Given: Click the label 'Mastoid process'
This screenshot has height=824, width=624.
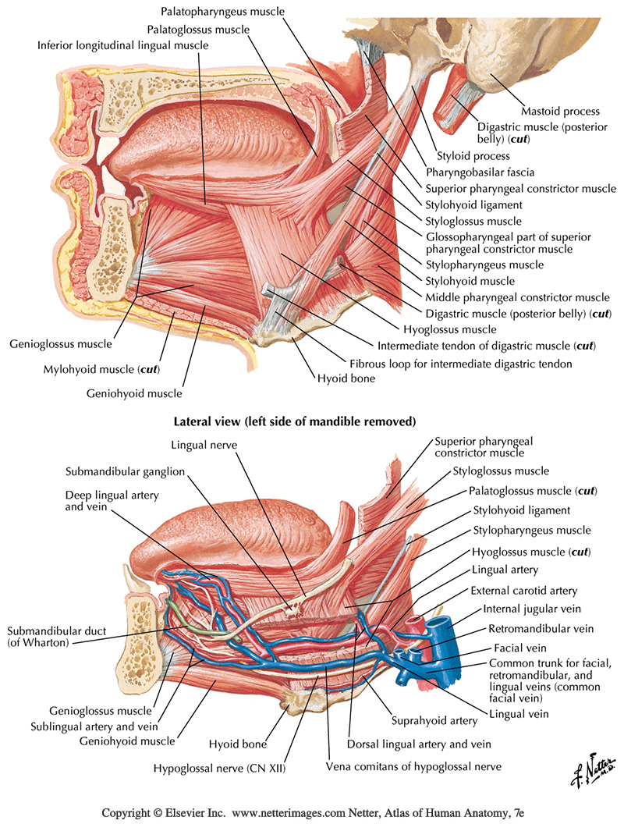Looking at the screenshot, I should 559,112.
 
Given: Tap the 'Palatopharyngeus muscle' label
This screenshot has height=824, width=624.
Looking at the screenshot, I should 222,12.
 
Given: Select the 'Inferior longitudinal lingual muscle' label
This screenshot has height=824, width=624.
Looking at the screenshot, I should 123,45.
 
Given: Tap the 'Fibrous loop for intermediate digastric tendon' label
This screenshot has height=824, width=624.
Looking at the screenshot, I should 460,364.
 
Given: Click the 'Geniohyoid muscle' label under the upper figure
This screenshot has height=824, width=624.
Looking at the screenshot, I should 134,393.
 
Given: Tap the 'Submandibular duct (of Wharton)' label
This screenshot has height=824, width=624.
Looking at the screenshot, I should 48,636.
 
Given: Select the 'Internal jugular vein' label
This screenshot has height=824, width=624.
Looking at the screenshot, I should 531,609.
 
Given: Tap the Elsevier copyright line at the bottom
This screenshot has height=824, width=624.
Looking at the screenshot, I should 311,812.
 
